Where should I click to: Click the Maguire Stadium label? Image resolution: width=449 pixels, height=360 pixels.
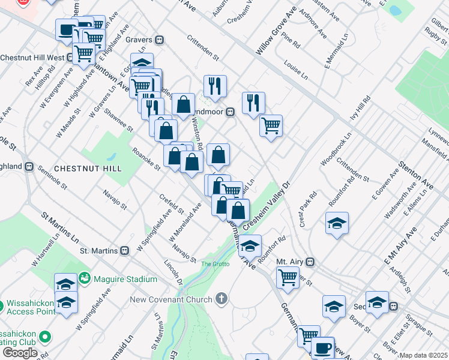tap(125, 279)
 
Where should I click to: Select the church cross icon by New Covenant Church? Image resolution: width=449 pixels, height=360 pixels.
tap(221, 299)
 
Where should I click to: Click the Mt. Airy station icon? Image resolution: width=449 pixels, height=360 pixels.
tap(310, 262)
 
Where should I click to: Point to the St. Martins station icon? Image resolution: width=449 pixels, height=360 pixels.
tap(125, 250)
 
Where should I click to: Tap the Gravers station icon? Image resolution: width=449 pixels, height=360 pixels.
tap(159, 40)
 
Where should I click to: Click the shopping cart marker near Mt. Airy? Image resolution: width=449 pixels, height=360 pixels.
tap(288, 277)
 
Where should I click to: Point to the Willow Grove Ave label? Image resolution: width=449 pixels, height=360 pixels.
tap(277, 35)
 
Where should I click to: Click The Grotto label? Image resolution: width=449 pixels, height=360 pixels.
tap(215, 264)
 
